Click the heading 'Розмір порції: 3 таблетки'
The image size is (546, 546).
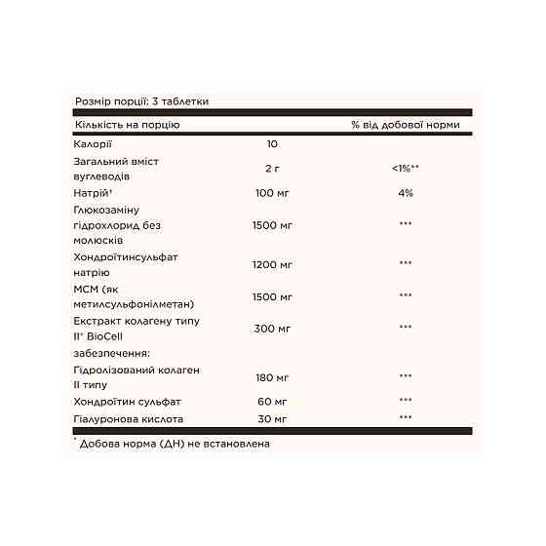click(x=141, y=100)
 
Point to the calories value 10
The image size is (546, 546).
click(x=272, y=144)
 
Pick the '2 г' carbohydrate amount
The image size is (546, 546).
click(x=272, y=169)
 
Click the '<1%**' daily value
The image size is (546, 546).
click(x=406, y=169)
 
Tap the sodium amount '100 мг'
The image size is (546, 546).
click(x=272, y=193)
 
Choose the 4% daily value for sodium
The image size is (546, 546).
click(x=406, y=193)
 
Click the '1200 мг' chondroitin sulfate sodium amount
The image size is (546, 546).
click(x=272, y=264)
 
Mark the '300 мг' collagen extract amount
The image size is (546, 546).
click(x=272, y=328)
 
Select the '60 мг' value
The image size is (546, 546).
click(x=272, y=401)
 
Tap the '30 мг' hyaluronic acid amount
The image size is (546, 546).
click(x=272, y=419)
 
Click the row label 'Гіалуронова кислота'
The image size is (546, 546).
click(x=128, y=419)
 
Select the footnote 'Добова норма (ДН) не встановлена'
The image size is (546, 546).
click(x=175, y=444)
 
